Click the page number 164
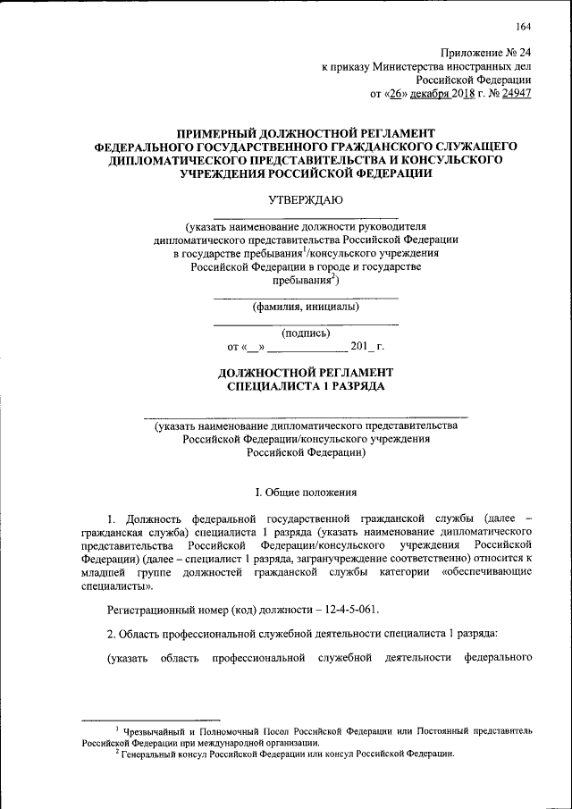click(x=523, y=24)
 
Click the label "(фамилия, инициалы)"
click(x=305, y=308)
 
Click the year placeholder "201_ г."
click(x=366, y=346)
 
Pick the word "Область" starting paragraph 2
click(x=147, y=634)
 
